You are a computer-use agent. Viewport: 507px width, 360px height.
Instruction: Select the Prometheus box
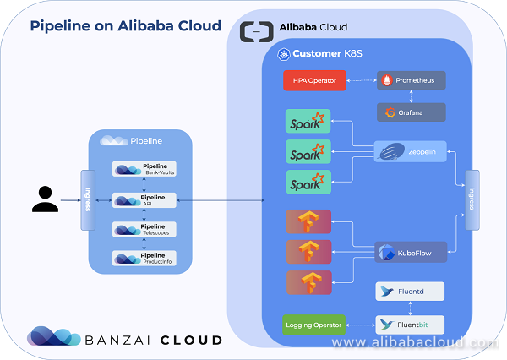[x=411, y=81]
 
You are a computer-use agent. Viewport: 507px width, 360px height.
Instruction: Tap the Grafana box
[x=411, y=112]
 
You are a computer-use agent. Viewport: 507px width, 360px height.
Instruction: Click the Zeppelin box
[x=411, y=152]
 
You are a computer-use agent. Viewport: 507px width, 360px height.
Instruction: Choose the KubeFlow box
[x=411, y=252]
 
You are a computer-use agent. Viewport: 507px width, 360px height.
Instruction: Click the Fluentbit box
[x=411, y=325]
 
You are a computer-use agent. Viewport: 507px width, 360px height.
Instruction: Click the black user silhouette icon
[x=45, y=198]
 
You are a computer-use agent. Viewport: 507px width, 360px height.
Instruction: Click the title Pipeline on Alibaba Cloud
[x=126, y=25]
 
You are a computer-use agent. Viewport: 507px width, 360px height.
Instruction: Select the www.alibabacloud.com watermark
[x=414, y=344]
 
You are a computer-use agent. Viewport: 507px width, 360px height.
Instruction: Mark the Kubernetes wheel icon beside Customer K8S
[x=284, y=54]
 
